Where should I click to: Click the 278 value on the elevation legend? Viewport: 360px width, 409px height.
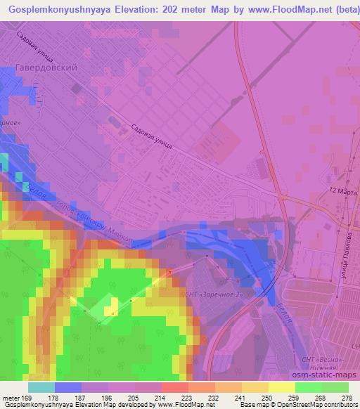[347, 398]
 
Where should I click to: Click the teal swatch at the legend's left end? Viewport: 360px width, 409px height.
[41, 387]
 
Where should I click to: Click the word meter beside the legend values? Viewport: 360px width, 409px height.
[11, 398]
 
